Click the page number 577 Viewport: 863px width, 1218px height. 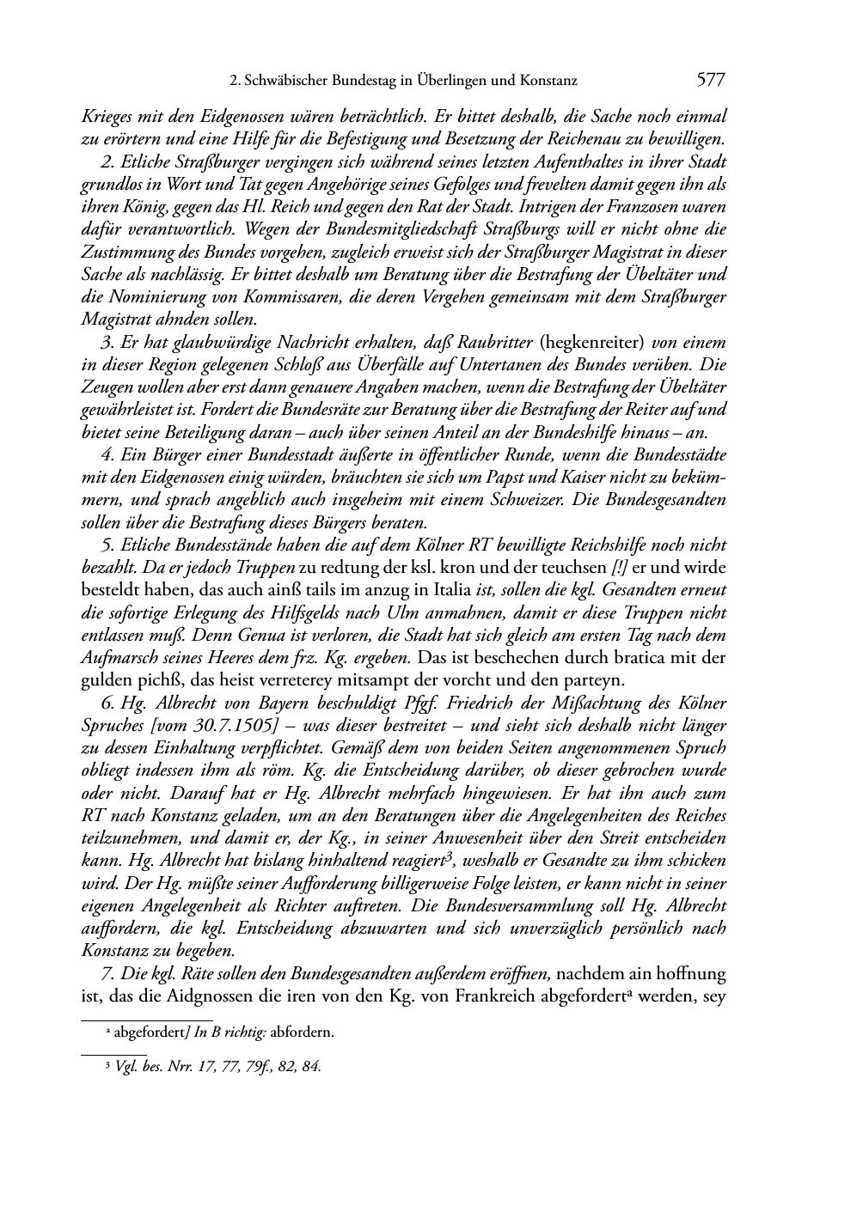point(712,81)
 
